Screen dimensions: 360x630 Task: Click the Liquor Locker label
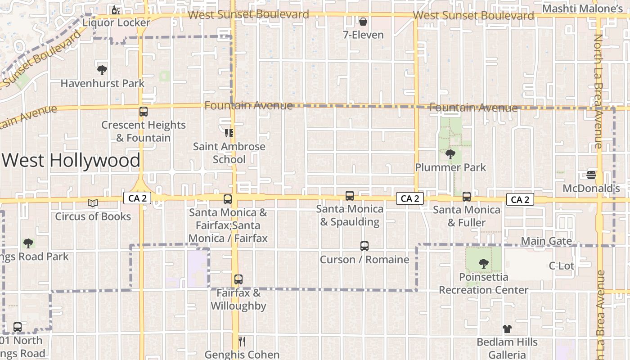116,22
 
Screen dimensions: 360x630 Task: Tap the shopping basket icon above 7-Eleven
363,21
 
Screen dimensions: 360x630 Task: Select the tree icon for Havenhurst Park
102,70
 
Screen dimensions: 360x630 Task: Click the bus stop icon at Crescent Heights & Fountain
143,112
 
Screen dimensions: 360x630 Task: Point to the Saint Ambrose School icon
229,133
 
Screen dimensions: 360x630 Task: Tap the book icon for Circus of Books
93,203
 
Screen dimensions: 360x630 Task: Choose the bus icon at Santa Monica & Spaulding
350,196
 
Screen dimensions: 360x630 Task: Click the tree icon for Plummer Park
450,154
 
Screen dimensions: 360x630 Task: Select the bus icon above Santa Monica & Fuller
467,197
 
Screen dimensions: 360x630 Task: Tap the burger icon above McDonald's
591,175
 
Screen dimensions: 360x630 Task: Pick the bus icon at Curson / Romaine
364,247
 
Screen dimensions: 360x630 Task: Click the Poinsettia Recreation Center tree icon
484,264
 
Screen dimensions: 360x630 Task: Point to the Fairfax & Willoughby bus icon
238,279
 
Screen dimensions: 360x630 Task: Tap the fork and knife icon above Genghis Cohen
242,342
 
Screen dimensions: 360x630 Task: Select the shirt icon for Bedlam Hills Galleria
507,329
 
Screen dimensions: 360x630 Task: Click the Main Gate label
546,241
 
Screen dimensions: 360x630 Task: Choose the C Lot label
562,266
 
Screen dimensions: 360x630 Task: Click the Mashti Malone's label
583,9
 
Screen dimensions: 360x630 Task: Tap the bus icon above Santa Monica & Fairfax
228,199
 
